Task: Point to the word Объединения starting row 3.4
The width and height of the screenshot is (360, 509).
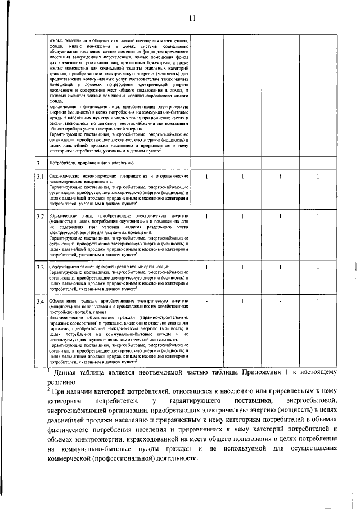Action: pyautogui.click(x=62, y=301)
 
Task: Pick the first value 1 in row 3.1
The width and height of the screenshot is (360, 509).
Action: pyautogui.click(x=206, y=177)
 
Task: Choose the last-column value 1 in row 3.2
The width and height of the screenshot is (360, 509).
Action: pyautogui.click(x=317, y=215)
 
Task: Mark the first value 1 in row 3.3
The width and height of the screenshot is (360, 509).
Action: pyautogui.click(x=206, y=265)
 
